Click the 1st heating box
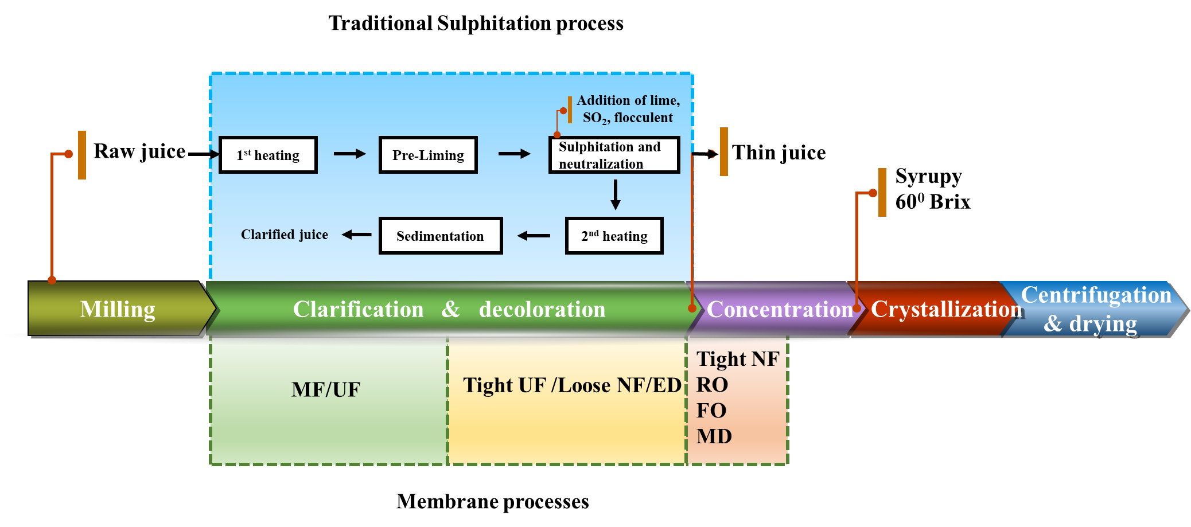tap(268, 155)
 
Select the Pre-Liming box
tap(428, 155)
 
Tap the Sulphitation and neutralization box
tap(614, 155)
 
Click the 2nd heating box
tap(614, 236)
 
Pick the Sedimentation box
tap(440, 236)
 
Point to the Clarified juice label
tap(285, 235)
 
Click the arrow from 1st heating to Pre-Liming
tap(349, 154)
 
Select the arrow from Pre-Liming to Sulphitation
tap(514, 154)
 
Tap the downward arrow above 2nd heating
tap(616, 195)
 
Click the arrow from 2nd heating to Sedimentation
tap(534, 236)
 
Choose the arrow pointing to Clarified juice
tap(357, 235)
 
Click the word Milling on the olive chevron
tap(118, 309)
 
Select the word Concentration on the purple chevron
tap(780, 310)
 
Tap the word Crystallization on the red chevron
tap(947, 309)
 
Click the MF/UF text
tap(326, 390)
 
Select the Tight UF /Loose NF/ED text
tap(572, 385)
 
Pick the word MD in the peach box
tap(714, 436)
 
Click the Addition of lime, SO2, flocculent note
tap(628, 109)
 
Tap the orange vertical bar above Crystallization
tap(882, 192)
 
